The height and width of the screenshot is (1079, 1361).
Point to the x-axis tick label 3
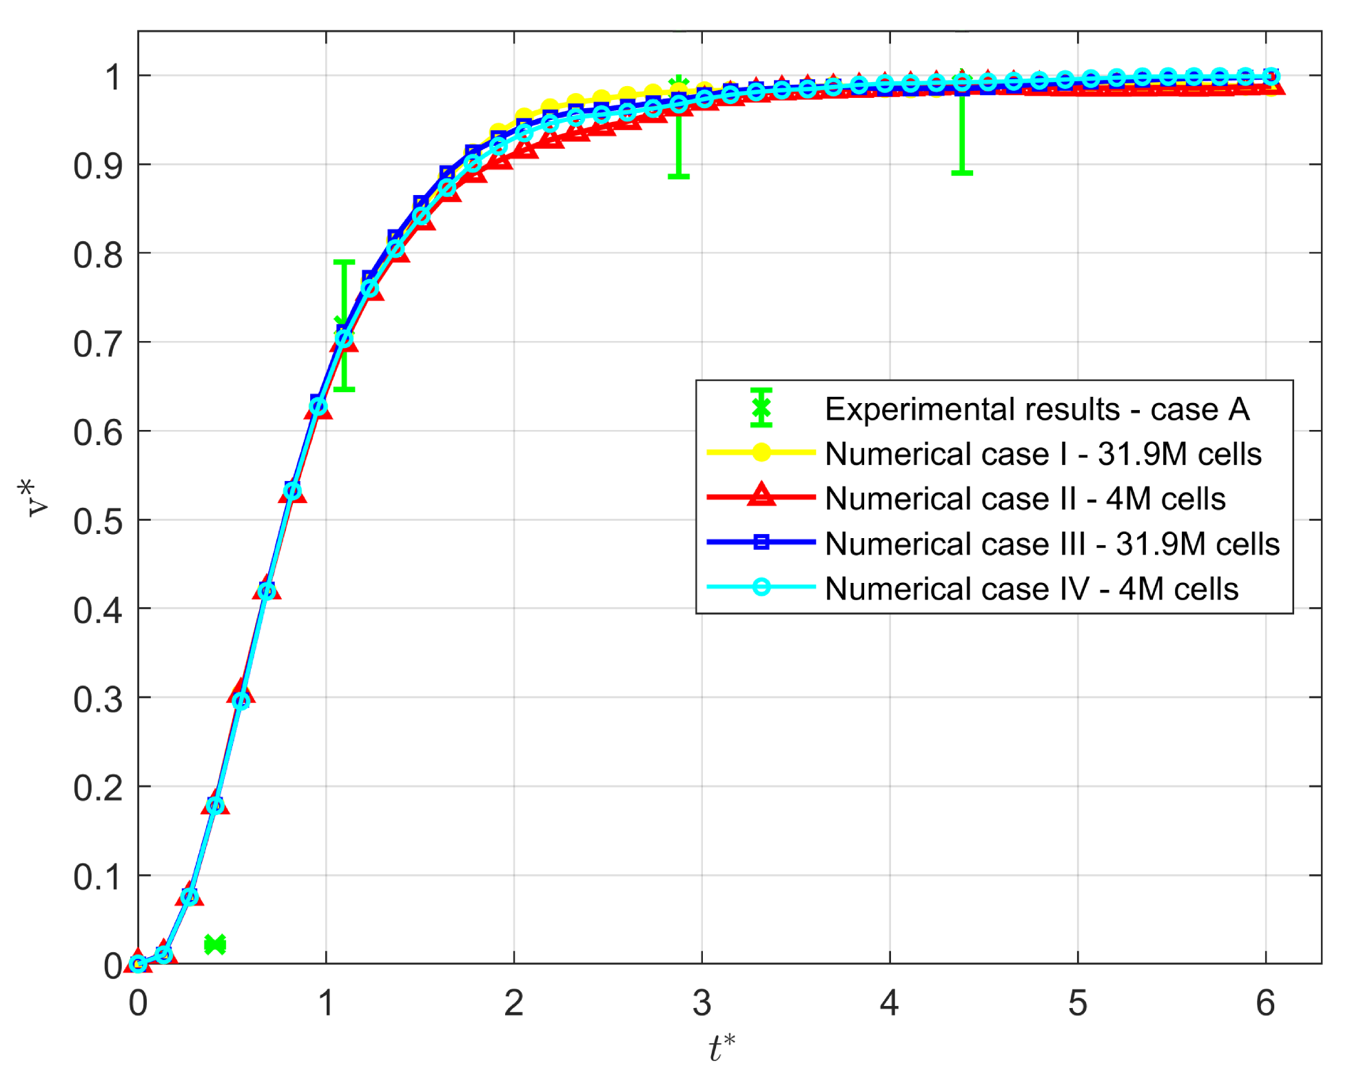tap(702, 1003)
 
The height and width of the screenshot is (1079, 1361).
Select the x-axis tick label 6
tap(1265, 1003)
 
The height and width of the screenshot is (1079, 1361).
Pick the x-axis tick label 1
tap(326, 1003)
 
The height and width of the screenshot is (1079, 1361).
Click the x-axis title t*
tap(722, 1049)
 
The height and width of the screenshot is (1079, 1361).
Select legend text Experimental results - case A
tap(1036, 409)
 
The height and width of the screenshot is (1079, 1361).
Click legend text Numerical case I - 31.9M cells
tap(1043, 454)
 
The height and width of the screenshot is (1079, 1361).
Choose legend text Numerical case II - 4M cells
tap(1025, 499)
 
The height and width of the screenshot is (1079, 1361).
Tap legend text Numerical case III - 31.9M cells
tap(1052, 544)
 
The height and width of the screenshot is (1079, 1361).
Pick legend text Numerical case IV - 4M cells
tap(1031, 589)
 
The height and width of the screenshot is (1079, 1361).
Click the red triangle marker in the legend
tap(761, 496)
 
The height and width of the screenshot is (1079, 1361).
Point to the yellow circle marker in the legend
tap(761, 452)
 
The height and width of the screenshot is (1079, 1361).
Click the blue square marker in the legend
tap(761, 542)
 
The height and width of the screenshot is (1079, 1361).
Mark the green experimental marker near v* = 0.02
tap(215, 944)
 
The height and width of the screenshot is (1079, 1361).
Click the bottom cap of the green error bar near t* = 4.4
tap(961, 172)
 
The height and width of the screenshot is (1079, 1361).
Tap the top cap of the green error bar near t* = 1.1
tap(344, 262)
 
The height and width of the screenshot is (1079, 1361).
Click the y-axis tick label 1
tap(113, 77)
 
